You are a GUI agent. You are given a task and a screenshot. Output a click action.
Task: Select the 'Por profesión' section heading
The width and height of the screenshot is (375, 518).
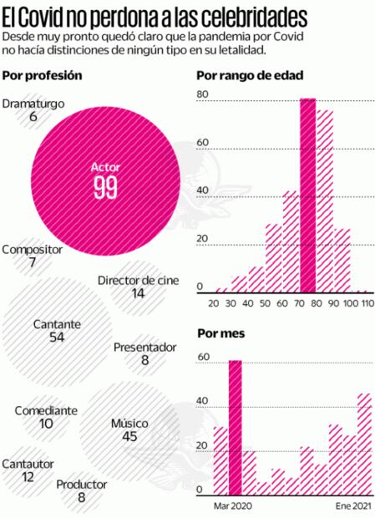click(x=42, y=75)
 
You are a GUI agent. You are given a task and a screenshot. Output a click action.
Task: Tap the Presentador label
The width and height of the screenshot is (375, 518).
click(x=144, y=347)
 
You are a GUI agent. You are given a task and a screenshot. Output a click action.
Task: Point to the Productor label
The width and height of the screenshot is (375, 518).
click(x=82, y=485)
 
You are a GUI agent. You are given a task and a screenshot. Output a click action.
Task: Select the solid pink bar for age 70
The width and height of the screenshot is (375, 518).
click(x=308, y=196)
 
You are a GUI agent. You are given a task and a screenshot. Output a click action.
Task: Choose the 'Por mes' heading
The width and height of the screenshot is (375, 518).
click(x=219, y=333)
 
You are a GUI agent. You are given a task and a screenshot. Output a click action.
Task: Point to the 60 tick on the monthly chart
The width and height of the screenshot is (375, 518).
click(x=202, y=358)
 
